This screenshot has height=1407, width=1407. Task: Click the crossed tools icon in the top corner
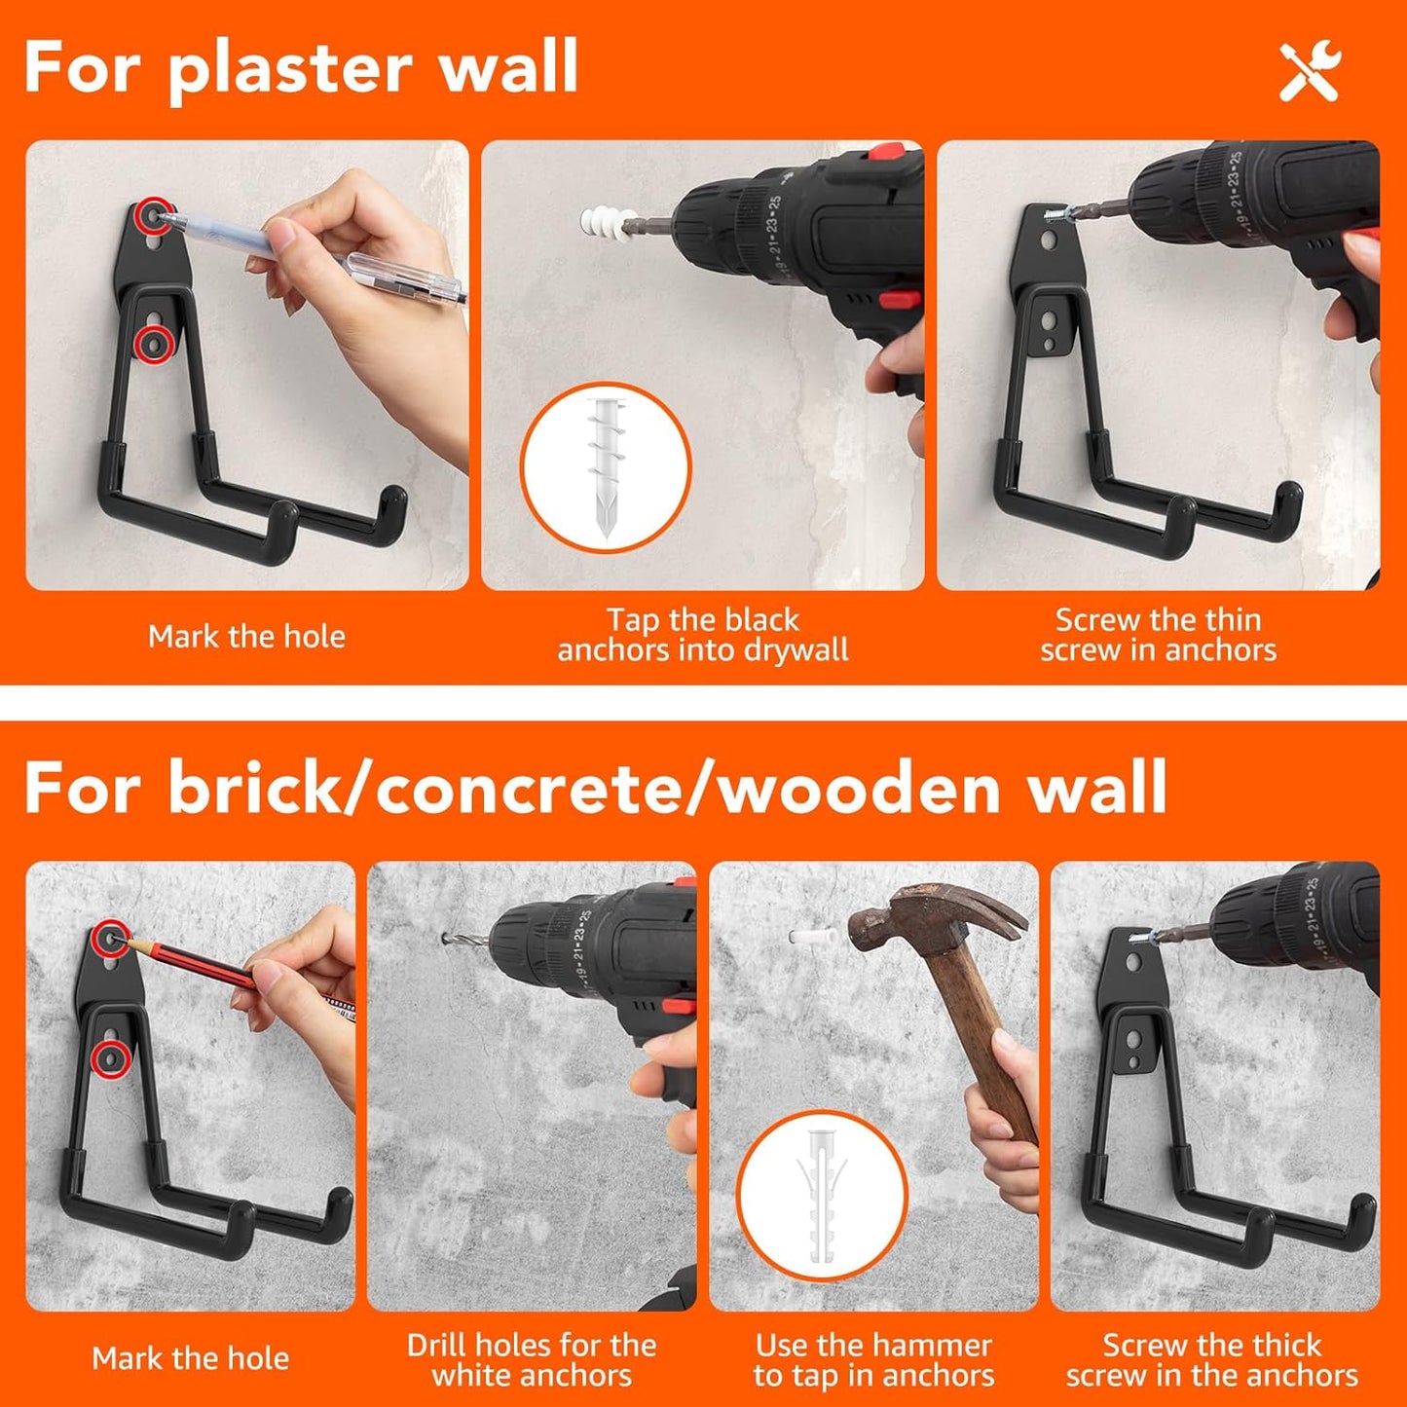pyautogui.click(x=1310, y=71)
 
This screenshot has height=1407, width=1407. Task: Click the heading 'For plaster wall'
pyautogui.click(x=301, y=68)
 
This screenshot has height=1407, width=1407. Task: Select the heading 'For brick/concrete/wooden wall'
pyautogui.click(x=595, y=788)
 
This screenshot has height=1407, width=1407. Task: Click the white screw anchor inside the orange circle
pyautogui.click(x=605, y=466)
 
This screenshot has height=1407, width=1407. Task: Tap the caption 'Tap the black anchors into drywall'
pyautogui.click(x=702, y=635)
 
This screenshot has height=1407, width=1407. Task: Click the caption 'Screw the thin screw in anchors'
pyautogui.click(x=1158, y=635)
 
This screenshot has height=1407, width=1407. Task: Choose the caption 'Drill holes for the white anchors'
pyautogui.click(x=532, y=1359)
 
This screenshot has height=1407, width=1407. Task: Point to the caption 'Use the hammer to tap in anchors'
pyautogui.click(x=873, y=1359)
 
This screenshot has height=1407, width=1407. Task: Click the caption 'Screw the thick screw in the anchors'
pyautogui.click(x=1211, y=1359)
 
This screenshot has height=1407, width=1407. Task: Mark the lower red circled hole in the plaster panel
pyautogui.click(x=154, y=343)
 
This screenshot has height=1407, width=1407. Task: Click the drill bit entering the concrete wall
pyautogui.click(x=459, y=941)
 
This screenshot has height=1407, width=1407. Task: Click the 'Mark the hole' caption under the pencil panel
pyautogui.click(x=191, y=1358)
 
